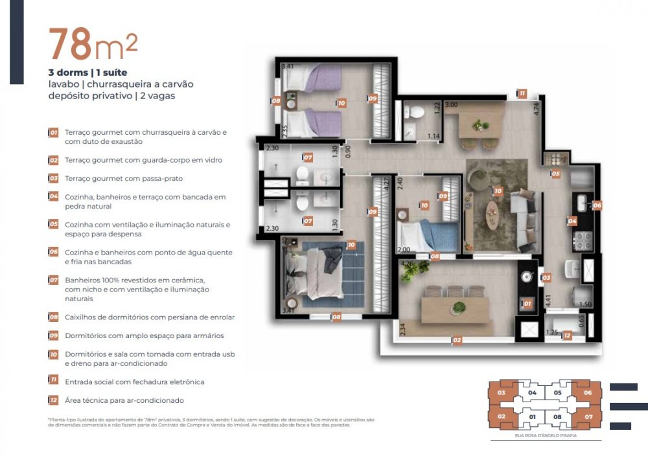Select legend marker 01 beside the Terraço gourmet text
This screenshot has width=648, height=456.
54,132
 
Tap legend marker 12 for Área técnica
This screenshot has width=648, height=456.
54,400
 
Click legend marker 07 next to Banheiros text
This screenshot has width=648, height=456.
54,280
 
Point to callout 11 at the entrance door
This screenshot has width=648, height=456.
522,94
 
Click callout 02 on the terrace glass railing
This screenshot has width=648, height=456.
456,340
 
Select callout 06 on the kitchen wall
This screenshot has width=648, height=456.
597,205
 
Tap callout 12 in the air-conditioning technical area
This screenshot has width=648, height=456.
566,336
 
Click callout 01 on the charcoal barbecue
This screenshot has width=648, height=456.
527,303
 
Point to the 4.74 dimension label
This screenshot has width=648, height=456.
536,108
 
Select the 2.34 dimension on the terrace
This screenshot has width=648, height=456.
402,329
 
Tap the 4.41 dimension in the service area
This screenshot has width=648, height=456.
548,301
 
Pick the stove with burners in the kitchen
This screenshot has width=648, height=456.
583,241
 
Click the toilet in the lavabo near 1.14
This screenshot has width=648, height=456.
417,113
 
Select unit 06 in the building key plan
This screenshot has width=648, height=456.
588,393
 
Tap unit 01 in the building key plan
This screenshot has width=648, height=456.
533,416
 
